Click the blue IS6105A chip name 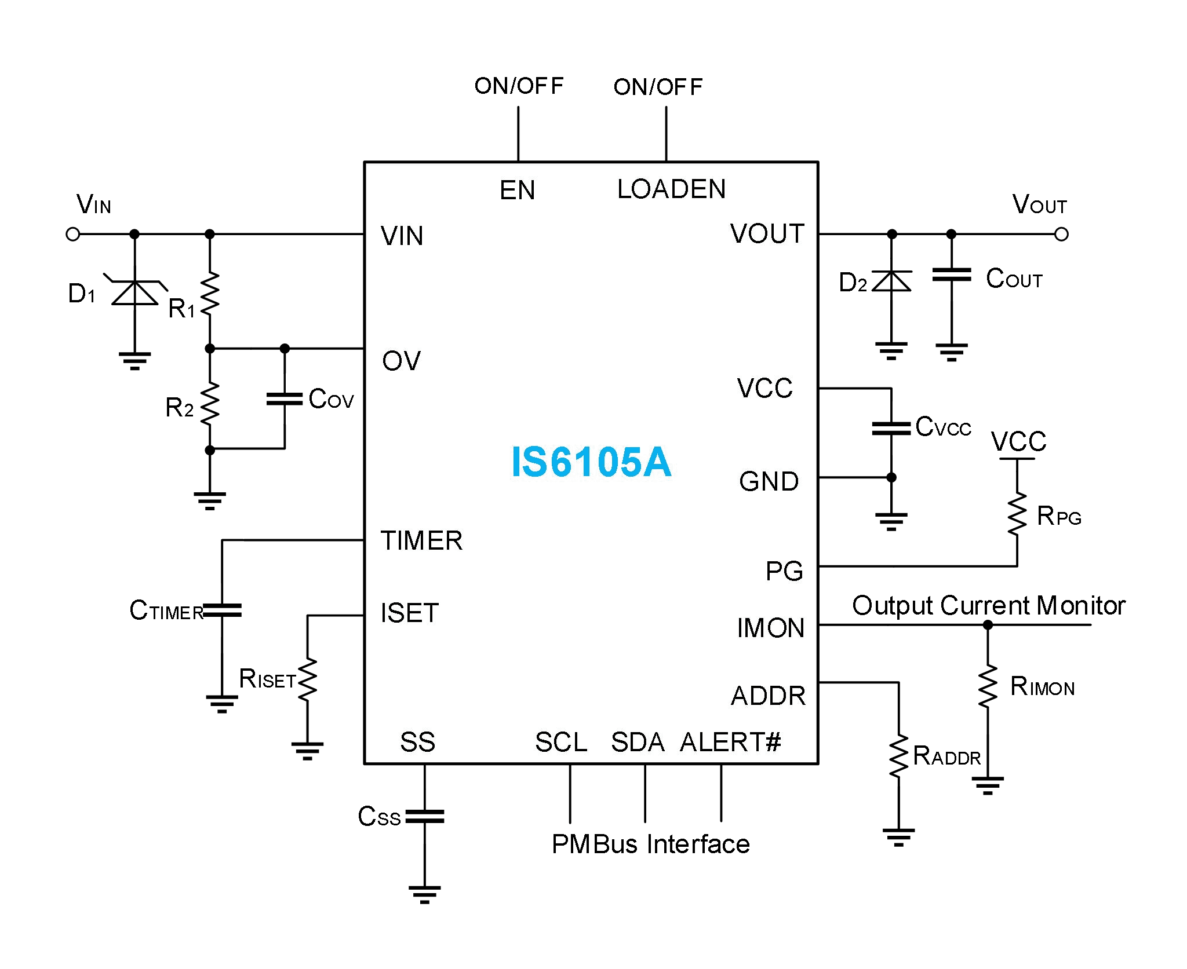point(591,462)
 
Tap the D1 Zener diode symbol point(134,292)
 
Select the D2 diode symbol point(891,281)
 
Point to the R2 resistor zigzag point(210,403)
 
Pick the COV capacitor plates point(284,399)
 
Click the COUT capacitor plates point(951,275)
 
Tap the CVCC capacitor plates point(891,428)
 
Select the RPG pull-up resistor point(1017,514)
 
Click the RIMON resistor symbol point(988,686)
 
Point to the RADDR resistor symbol point(898,756)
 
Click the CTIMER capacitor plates point(222,610)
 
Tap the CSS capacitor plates point(424,817)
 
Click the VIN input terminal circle point(72,234)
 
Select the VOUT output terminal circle point(1061,234)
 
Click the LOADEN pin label point(671,189)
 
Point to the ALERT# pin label point(730,742)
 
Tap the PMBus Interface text point(650,844)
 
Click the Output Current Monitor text point(988,605)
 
